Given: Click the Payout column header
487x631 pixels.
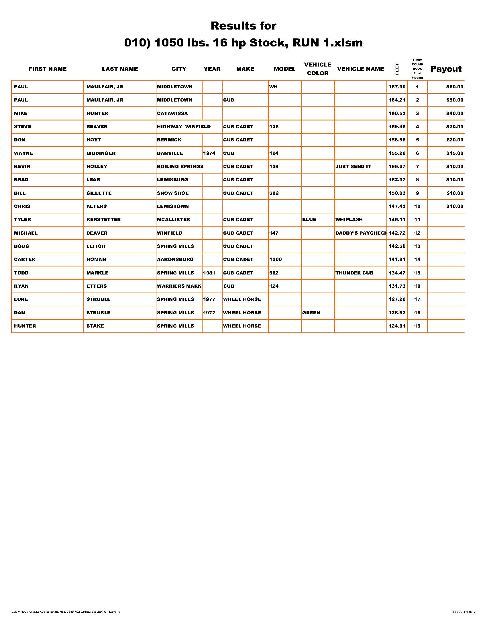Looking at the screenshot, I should [x=446, y=69].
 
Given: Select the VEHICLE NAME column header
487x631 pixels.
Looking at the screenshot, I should [x=360, y=69].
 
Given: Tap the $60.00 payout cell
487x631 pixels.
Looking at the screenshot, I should [x=455, y=87].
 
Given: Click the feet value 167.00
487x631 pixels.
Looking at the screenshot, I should [x=397, y=87].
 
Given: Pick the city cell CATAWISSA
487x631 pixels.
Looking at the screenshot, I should [x=172, y=113].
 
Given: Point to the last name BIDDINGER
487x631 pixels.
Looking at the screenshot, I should [x=101, y=153].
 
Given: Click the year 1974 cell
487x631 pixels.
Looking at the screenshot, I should [x=209, y=153].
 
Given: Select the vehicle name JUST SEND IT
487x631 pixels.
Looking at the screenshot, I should [x=353, y=166].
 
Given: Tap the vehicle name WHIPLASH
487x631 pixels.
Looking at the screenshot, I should [x=349, y=220].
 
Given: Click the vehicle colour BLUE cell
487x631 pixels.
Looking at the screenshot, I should [x=309, y=220].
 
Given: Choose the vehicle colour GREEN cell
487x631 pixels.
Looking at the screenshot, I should [x=311, y=313].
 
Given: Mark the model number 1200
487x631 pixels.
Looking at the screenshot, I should [x=275, y=260].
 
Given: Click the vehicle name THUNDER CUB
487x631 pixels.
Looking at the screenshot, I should [x=354, y=273].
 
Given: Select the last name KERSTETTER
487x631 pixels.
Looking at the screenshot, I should [x=104, y=220].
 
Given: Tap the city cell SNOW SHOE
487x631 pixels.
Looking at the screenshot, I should [x=173, y=193].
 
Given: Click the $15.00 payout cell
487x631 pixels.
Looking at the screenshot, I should [x=455, y=153].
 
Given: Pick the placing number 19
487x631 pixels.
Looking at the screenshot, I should [x=417, y=326].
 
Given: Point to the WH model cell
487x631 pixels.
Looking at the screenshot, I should [x=273, y=87].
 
